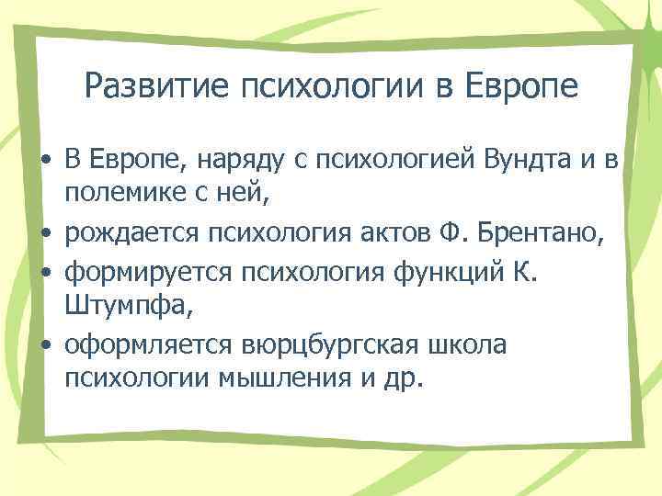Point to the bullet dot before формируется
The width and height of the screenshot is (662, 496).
point(45,275)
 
